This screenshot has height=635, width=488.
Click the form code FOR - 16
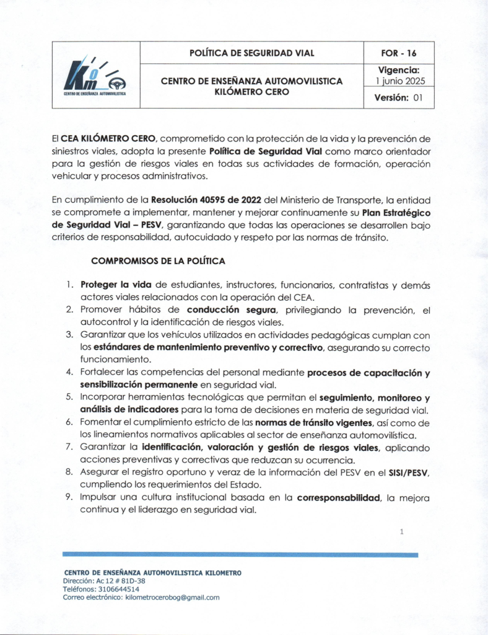(x=399, y=53)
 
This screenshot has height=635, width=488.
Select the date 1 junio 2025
(x=399, y=81)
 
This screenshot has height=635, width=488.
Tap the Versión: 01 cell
(x=399, y=98)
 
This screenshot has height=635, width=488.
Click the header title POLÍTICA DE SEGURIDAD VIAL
(x=252, y=53)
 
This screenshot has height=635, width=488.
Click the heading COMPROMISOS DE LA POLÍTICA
(x=158, y=261)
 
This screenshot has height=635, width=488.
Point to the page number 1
(x=402, y=532)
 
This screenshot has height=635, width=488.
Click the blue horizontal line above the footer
(x=240, y=554)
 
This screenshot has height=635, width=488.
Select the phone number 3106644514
(x=116, y=589)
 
